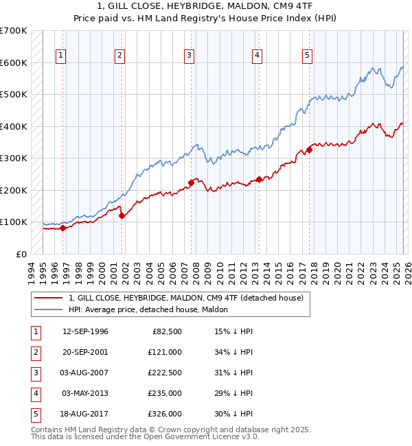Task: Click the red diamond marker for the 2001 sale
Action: click(122, 215)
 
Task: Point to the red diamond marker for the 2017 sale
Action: click(310, 150)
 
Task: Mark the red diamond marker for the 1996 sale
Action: click(62, 228)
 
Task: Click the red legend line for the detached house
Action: click(48, 298)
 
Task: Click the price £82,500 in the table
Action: click(165, 331)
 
